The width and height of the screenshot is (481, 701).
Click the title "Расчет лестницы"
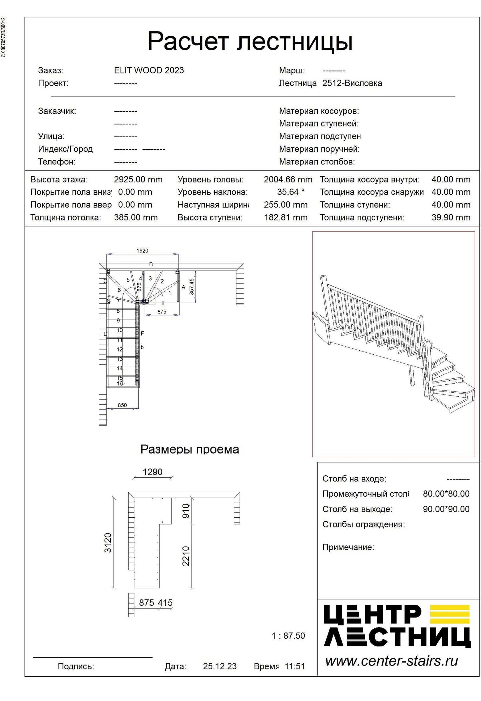[x=250, y=41]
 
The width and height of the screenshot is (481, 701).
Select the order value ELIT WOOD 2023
[x=149, y=70]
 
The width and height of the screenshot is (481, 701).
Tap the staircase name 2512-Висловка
[x=352, y=83]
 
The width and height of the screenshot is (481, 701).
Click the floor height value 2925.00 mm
[x=138, y=180]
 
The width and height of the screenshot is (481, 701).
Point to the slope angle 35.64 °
[x=291, y=192]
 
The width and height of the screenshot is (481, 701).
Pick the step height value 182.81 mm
[x=286, y=217]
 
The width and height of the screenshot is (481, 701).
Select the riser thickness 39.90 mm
[x=450, y=217]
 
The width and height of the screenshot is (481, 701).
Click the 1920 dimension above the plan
[x=142, y=251]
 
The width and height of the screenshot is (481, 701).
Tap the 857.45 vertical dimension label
[x=192, y=286]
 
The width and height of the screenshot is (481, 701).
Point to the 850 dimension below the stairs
[x=122, y=405]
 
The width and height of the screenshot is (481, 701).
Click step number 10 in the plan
[x=120, y=330]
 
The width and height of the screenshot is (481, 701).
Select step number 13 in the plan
[x=120, y=359]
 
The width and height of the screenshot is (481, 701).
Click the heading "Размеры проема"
[x=190, y=450]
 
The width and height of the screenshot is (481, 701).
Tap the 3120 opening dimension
[x=108, y=543]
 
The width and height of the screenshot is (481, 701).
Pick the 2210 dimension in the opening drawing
[x=186, y=556]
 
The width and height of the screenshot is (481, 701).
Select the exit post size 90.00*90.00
[x=446, y=509]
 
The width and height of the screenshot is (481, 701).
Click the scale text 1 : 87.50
[x=288, y=636]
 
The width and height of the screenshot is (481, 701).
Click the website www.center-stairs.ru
[x=391, y=661]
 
